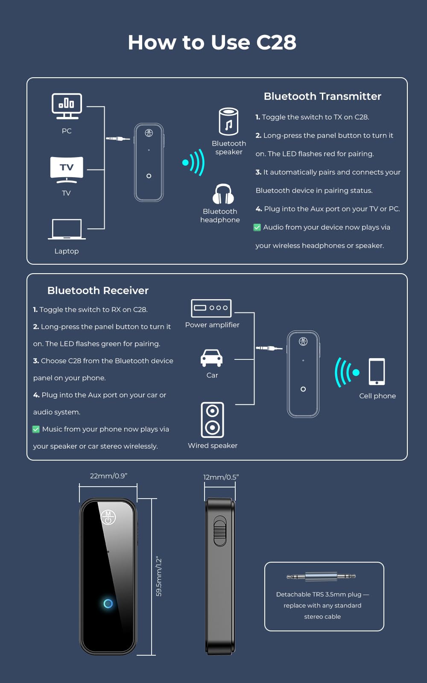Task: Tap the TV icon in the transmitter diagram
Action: pos(67,170)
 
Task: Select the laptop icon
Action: pos(67,229)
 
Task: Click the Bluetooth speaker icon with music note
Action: pos(228,121)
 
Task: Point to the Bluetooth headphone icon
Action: pos(223,194)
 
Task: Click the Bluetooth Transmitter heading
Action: pos(322,96)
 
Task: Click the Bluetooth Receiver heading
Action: pos(98,291)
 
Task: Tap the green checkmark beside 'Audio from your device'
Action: pos(257,228)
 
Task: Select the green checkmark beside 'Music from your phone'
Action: pos(36,429)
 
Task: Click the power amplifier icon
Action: pos(211,308)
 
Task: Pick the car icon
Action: pos(211,358)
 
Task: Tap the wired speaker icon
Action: pos(212,420)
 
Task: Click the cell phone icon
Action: pos(377,372)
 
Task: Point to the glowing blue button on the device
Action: pos(108,604)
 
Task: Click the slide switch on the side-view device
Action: pos(220,531)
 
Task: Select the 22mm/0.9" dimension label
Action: pos(108,476)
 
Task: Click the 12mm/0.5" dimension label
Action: pos(221,477)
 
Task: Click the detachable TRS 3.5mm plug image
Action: pos(321,576)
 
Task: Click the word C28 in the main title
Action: pos(276,42)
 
